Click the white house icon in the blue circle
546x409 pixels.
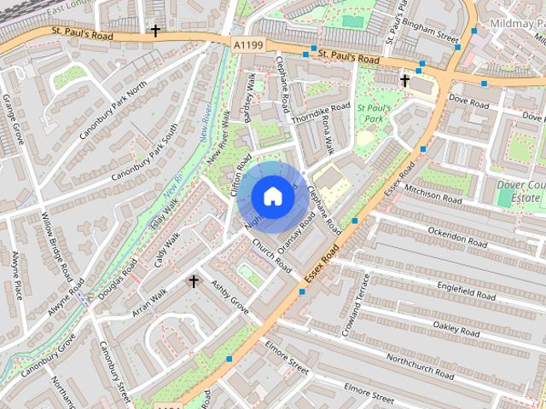272,197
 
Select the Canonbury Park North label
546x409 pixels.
113,113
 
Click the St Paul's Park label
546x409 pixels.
374,113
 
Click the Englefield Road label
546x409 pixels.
466,289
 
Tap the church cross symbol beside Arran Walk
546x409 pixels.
194,281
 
